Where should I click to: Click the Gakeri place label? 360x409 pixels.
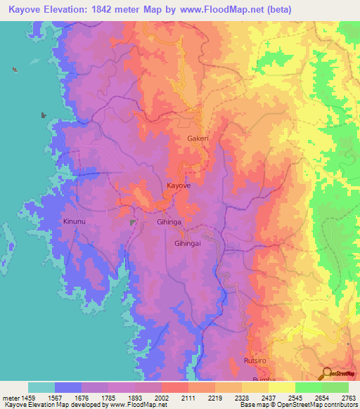point(198,138)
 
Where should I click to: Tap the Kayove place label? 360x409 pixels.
point(179,186)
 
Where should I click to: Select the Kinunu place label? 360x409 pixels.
point(75,221)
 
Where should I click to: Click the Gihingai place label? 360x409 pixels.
point(188,242)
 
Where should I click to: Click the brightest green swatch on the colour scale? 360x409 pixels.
point(335,387)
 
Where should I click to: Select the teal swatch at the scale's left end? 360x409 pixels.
point(41,387)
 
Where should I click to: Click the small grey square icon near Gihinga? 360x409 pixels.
point(132,222)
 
